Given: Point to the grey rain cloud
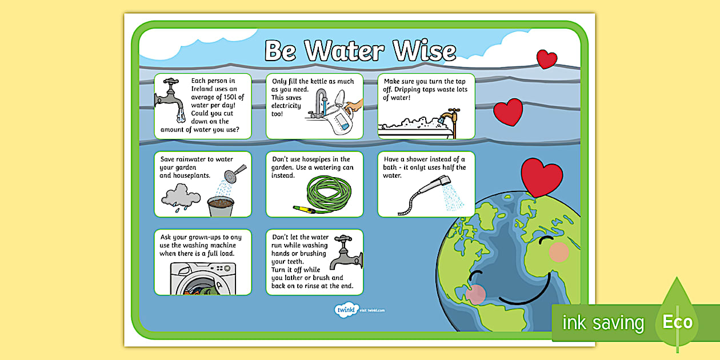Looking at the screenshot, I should coord(180,198).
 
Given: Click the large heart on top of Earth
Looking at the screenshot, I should coord(542,177).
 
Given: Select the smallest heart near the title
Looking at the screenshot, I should coord(546,59).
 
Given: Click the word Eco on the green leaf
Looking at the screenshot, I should coord(677,322).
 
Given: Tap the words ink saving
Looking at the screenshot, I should coord(603,323).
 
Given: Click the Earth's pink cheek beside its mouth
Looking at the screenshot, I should coord(475,293).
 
